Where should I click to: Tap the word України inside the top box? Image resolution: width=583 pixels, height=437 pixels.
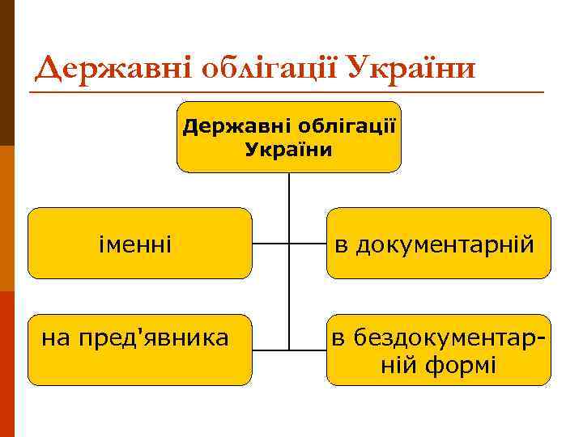pyautogui.click(x=288, y=150)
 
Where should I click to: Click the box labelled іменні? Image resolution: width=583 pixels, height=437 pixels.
pyautogui.click(x=140, y=243)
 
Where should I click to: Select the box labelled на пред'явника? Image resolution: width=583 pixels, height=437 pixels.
pyautogui.click(x=140, y=350)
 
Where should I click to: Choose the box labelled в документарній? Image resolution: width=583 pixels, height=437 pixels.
pyautogui.click(x=438, y=243)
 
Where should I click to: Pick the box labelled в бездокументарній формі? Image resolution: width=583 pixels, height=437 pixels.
pyautogui.click(x=438, y=350)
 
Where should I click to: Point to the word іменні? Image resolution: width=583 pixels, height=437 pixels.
pyautogui.click(x=134, y=243)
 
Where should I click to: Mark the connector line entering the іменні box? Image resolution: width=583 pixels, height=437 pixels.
pyautogui.click(x=270, y=243)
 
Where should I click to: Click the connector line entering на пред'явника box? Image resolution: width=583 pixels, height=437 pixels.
pyautogui.click(x=270, y=350)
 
